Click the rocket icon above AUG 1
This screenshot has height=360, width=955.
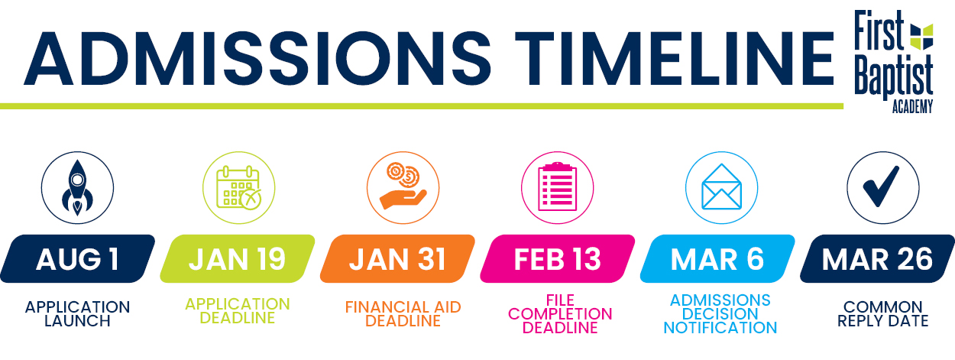pos(77,188)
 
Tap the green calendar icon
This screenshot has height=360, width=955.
pos(238,188)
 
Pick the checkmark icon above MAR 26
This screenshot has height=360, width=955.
pos(881,186)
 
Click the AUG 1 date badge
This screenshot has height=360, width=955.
pos(78,258)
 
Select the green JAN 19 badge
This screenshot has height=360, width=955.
pos(238,258)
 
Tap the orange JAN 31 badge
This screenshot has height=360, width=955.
pos(397,258)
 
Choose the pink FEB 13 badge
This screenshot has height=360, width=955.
pos(557,258)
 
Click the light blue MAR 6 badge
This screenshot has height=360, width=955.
pos(717,258)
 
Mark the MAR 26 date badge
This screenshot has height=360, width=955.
pos(877,258)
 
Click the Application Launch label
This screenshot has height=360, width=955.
pos(78,314)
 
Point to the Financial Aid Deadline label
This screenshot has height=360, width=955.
pos(403,314)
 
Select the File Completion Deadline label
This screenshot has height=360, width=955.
pos(560,314)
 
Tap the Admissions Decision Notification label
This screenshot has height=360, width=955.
pos(720,314)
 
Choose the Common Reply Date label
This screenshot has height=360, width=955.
pos(882,314)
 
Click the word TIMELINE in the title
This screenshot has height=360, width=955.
pos(675,58)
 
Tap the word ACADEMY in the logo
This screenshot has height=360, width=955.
pos(913,106)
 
